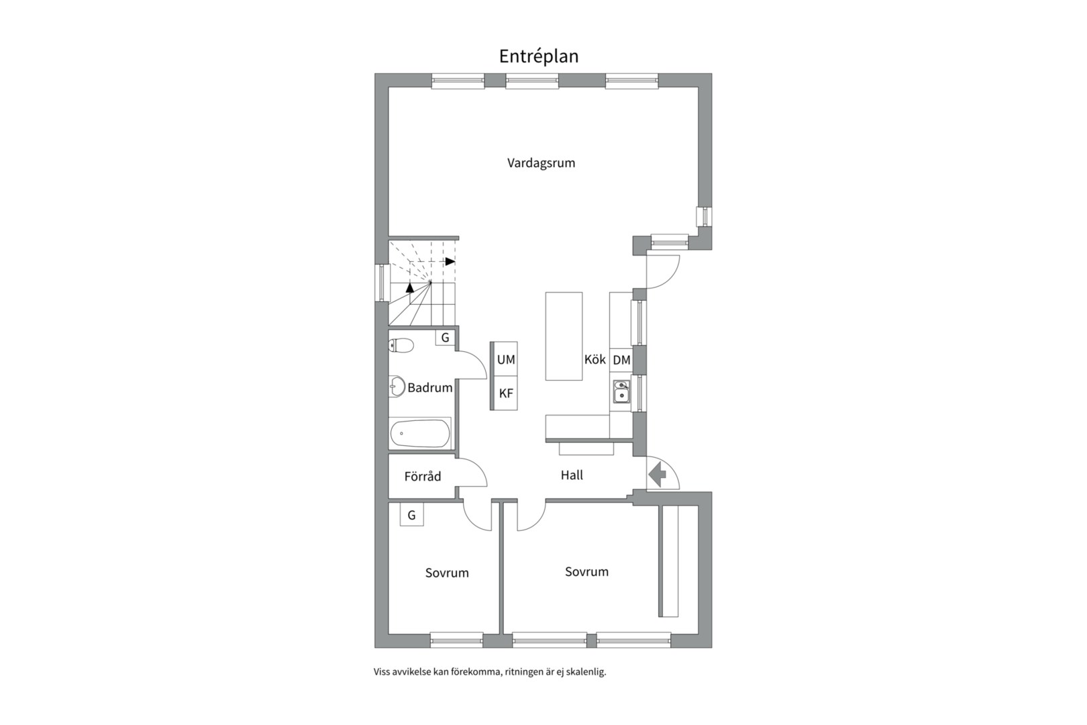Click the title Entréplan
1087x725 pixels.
pos(538,56)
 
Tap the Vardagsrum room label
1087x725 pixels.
pos(541,162)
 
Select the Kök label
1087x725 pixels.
pos(594,359)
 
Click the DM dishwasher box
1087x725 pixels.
pos(621,360)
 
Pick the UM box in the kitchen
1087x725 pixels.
pos(506,360)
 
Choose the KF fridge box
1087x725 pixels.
pos(506,393)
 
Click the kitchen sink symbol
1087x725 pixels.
pos(621,391)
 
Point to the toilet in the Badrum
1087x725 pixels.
pos(401,346)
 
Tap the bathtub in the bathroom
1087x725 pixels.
pos(420,433)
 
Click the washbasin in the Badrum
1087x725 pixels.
pos(397,387)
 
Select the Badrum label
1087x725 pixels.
pos(429,387)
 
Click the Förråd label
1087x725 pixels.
pos(423,477)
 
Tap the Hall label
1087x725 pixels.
pos(572,475)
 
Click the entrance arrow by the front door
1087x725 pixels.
pos(658,475)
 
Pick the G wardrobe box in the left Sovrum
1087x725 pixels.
pos(411,516)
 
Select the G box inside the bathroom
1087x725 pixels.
pos(445,338)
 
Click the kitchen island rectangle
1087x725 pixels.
pos(564,336)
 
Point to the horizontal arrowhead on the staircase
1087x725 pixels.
pos(450,261)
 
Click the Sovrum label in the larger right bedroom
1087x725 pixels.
pos(586,572)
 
